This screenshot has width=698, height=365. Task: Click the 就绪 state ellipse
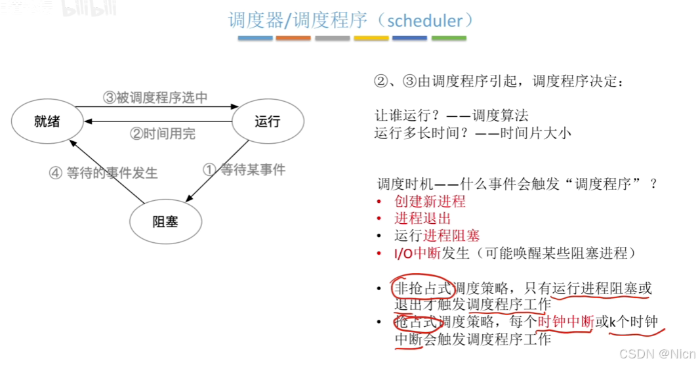(x=47, y=121)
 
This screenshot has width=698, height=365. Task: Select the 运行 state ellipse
(x=268, y=121)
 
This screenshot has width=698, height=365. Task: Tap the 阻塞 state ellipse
(x=165, y=221)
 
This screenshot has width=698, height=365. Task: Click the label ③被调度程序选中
(x=155, y=98)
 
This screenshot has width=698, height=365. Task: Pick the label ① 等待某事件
(x=244, y=170)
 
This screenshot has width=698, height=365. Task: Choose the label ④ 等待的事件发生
(x=104, y=173)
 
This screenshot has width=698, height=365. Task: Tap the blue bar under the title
(x=255, y=38)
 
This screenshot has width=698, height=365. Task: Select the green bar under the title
(x=449, y=38)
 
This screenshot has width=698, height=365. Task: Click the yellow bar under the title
(x=371, y=38)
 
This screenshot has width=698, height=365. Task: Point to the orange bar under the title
(x=294, y=38)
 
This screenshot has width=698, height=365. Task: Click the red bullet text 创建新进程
(x=430, y=202)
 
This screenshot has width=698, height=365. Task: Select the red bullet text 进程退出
(x=422, y=219)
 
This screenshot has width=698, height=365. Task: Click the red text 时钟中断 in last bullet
(x=565, y=322)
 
